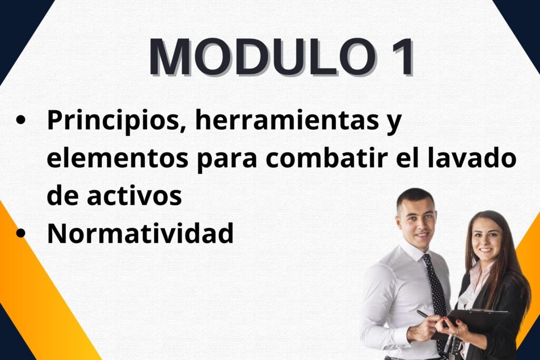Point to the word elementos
coord(118,159)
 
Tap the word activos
coord(134,196)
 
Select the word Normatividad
coord(140,232)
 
